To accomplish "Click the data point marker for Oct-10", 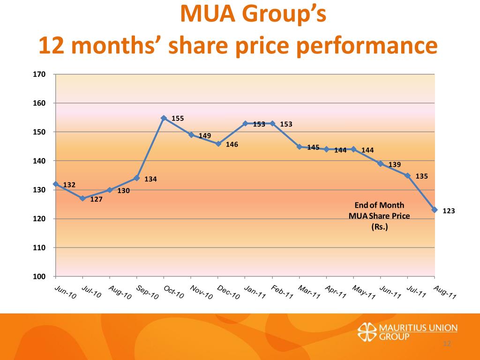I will click(x=164, y=118).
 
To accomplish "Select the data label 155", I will click(x=178, y=119).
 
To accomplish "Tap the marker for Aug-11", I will click(x=435, y=210).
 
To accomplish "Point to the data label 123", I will click(x=449, y=211).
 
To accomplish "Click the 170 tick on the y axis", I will click(x=39, y=74).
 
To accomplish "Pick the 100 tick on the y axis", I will click(x=39, y=277).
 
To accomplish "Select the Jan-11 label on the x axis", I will click(x=255, y=292).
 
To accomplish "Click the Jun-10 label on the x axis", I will click(x=65, y=292).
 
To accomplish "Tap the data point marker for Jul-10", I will click(x=82, y=198).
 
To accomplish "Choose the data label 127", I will click(x=96, y=199).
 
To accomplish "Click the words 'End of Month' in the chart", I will click(x=379, y=205).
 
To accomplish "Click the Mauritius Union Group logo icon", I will click(x=366, y=332).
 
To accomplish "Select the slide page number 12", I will click(x=446, y=345).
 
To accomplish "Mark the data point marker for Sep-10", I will click(x=136, y=178).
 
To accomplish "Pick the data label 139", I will click(x=395, y=165).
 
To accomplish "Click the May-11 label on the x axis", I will click(x=364, y=292).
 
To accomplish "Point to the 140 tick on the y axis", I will click(x=39, y=161).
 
